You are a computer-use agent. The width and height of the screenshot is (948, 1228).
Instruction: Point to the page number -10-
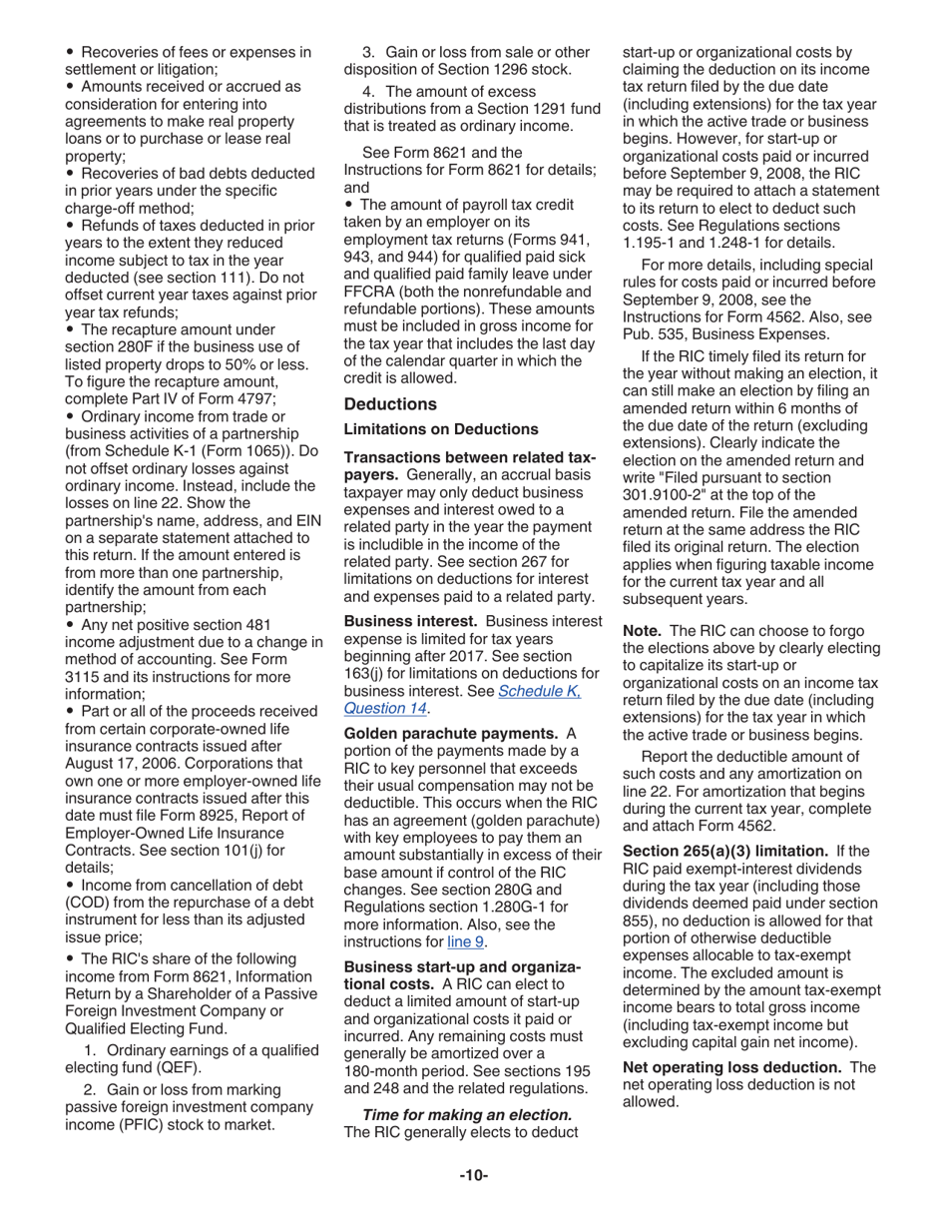pyautogui.click(x=473, y=1175)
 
